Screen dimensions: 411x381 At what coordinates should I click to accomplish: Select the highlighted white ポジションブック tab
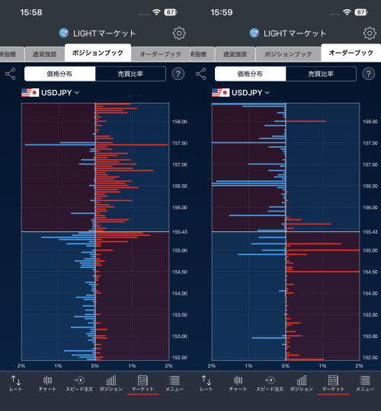tap(98, 53)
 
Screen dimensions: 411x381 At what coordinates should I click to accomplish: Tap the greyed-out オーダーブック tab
tap(160, 55)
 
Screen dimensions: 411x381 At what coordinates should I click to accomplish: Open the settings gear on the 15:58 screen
tap(179, 33)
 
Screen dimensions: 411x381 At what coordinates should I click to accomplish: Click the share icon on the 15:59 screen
tap(201, 74)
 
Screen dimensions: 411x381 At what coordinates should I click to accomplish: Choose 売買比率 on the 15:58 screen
tap(130, 74)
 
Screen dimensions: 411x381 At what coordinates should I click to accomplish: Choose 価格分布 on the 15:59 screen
tap(250, 74)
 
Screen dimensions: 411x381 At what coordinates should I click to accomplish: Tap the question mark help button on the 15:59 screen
tap(368, 74)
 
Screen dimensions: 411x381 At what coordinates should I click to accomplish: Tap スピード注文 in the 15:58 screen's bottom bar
tap(78, 383)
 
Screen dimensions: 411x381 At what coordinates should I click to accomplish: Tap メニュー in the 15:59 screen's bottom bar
tap(365, 383)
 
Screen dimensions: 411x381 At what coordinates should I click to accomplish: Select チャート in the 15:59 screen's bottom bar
tap(238, 383)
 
